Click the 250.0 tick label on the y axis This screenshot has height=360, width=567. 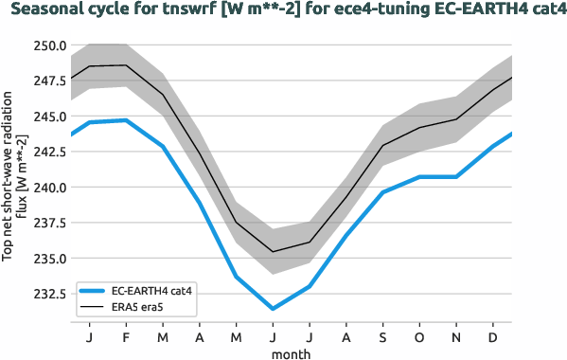click(47, 45)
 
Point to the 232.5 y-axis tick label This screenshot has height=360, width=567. click(47, 294)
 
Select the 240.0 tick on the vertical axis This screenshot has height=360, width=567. click(47, 188)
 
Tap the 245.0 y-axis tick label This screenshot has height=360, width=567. click(47, 117)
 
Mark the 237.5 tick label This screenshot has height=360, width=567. click(47, 223)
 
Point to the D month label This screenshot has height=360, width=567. click(492, 337)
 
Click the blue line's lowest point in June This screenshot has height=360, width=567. click(273, 309)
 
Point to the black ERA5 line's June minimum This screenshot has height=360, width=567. click(273, 252)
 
